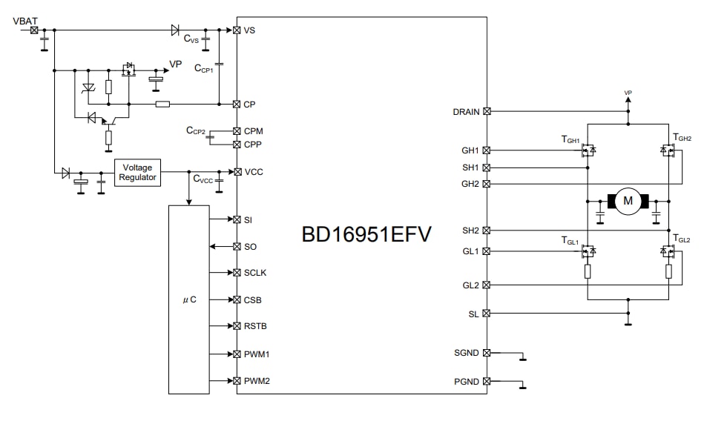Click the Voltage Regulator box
click(x=137, y=172)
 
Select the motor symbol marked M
click(x=628, y=200)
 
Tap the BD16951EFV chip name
click(x=366, y=234)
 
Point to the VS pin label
click(x=249, y=30)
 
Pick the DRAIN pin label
click(x=466, y=112)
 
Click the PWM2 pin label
click(x=256, y=381)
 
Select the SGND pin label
click(x=467, y=354)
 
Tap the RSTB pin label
click(x=255, y=327)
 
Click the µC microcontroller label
click(x=189, y=300)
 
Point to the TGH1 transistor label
click(x=570, y=139)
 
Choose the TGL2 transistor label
click(x=681, y=239)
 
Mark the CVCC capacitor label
click(x=203, y=179)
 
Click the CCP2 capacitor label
click(x=196, y=130)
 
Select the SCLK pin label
click(x=255, y=273)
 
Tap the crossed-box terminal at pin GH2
click(x=487, y=184)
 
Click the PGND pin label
click(x=467, y=381)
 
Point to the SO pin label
click(x=250, y=246)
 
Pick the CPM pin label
click(x=253, y=131)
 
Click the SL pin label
click(x=473, y=314)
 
